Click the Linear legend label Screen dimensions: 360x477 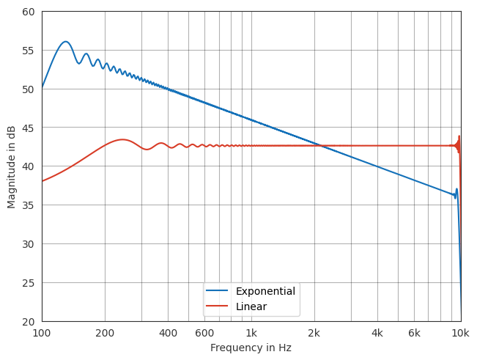pos(251,306)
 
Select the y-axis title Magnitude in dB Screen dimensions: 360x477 pos(12,166)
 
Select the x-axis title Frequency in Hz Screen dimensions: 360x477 pos(251,348)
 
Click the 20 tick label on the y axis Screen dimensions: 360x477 pos(28,321)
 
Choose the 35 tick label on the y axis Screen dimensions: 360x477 pos(28,205)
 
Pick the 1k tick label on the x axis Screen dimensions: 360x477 pos(251,333)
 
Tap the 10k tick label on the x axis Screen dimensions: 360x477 pos(460,333)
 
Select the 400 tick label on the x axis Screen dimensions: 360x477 pos(168,333)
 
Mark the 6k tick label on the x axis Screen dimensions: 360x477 pos(414,333)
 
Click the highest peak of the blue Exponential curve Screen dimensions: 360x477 pos(66,42)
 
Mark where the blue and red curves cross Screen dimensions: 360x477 pos(320,145)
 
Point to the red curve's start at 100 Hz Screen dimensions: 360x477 pos(42,181)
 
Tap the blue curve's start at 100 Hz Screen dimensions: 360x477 pos(42,87)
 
